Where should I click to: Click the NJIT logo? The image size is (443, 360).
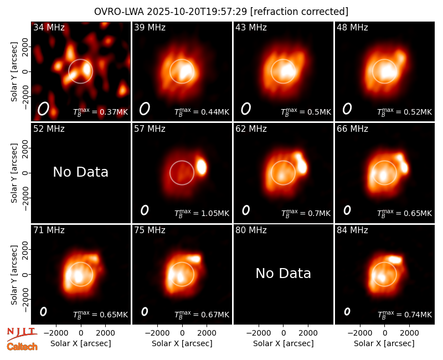(22, 334)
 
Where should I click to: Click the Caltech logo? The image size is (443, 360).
(22, 347)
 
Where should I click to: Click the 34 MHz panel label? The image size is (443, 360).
(49, 27)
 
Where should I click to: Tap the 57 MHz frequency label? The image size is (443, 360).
(150, 129)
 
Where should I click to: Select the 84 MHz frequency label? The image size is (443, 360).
(352, 230)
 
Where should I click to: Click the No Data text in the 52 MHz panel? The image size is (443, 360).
(80, 172)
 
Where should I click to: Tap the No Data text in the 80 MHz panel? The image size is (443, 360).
(284, 273)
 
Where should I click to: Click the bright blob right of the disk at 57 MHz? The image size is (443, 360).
(202, 167)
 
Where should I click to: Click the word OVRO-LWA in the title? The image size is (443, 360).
(119, 12)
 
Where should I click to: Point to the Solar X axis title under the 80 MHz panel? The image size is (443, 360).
(284, 343)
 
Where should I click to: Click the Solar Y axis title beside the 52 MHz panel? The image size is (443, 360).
(14, 173)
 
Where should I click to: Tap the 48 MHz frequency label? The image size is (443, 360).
(352, 27)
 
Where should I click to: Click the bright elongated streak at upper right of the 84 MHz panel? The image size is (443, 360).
(395, 259)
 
